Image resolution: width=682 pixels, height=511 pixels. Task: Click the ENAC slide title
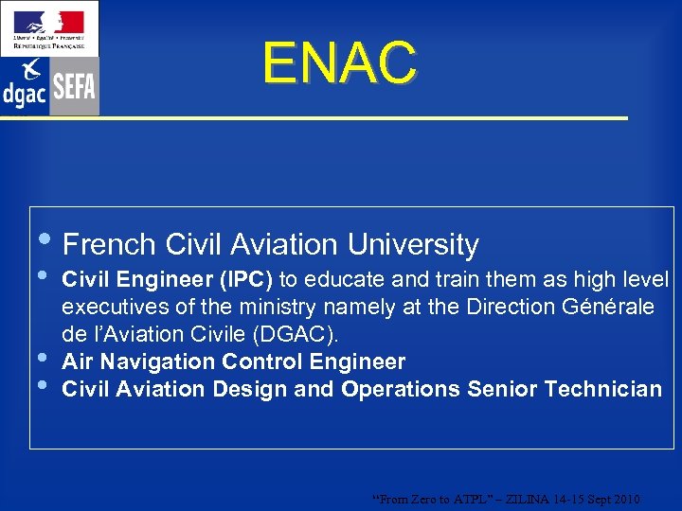click(x=340, y=62)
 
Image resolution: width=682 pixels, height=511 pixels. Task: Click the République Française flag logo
click(x=48, y=26)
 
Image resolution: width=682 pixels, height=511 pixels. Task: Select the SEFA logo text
click(x=74, y=87)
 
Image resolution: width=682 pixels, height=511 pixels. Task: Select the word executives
click(x=111, y=308)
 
